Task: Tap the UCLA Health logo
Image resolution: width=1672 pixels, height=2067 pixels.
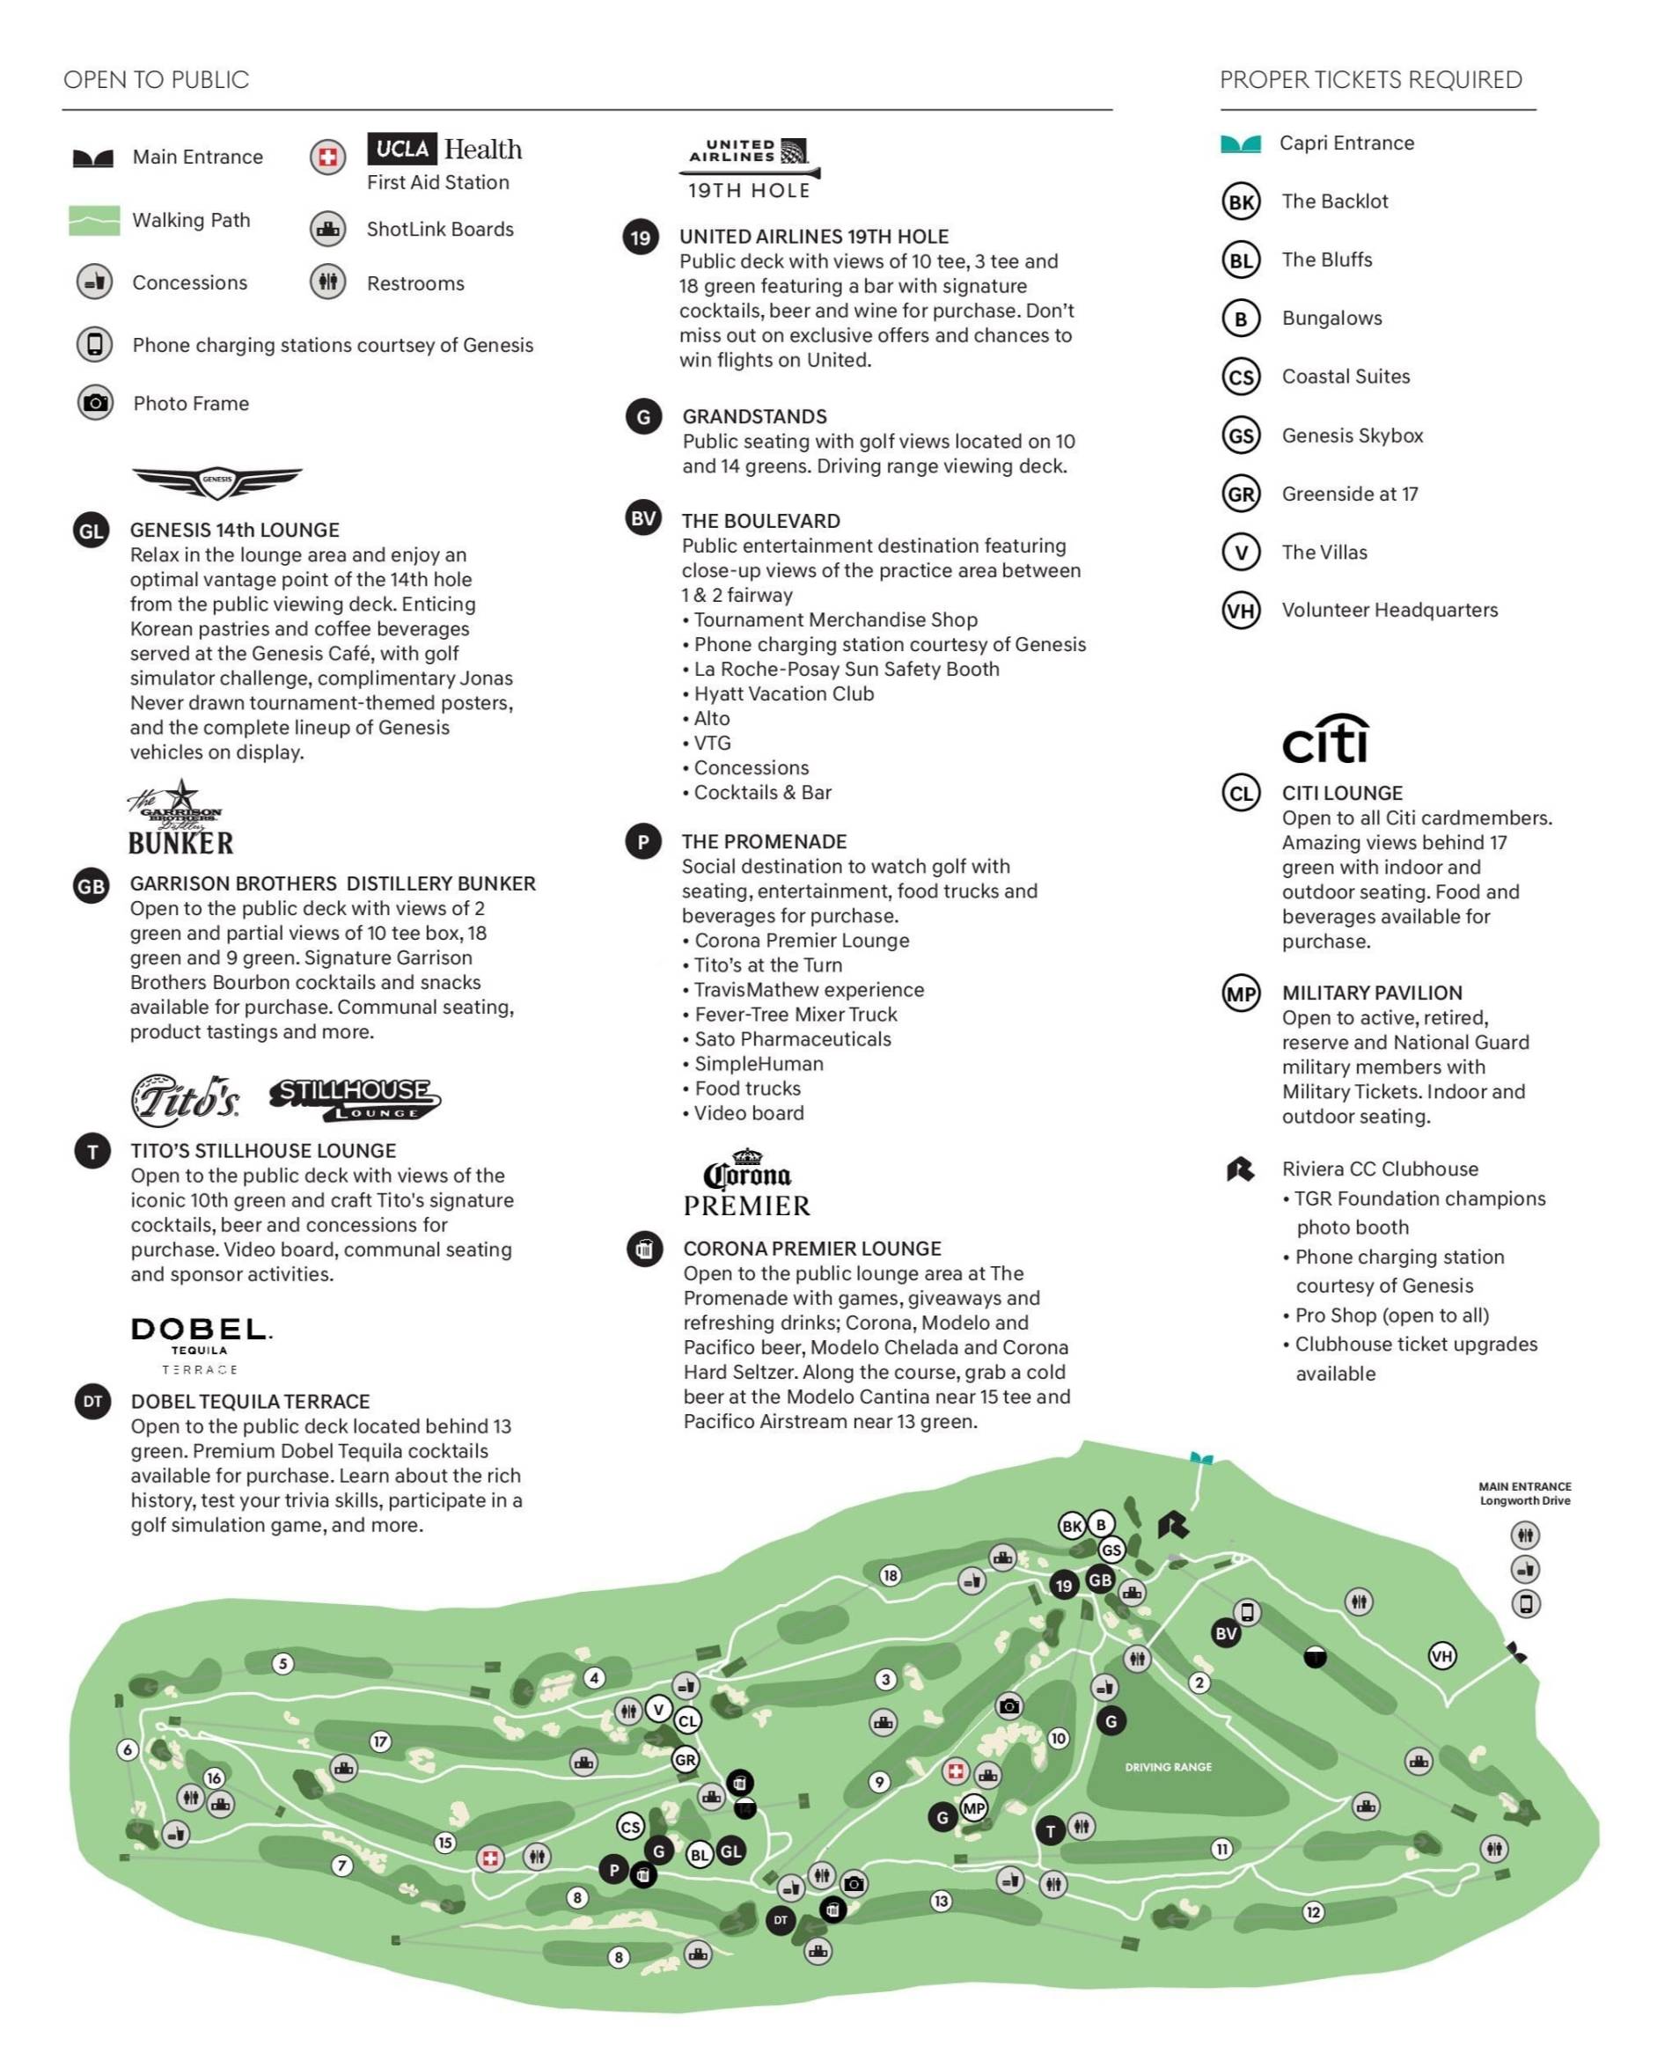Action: click(x=444, y=150)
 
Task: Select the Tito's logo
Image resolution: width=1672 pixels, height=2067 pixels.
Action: click(x=184, y=1099)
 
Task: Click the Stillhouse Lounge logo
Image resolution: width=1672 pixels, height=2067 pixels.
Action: click(x=355, y=1098)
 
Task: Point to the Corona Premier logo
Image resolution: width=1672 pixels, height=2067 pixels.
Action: click(x=746, y=1184)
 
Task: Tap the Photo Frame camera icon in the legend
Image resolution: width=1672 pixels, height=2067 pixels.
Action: click(x=95, y=403)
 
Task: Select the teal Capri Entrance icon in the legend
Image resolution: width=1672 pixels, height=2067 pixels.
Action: click(x=1241, y=143)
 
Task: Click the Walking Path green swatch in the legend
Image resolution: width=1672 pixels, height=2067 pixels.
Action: click(x=94, y=221)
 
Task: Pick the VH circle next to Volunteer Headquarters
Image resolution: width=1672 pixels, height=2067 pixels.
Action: click(x=1241, y=611)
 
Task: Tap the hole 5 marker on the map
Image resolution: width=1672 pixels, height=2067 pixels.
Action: click(x=282, y=1663)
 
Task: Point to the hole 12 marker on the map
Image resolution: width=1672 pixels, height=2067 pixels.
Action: click(x=1313, y=1912)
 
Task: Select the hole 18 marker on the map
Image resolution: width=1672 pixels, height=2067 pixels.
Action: click(x=890, y=1575)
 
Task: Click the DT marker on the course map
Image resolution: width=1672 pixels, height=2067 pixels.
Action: click(x=781, y=1920)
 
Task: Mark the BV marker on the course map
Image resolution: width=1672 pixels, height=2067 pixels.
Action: click(x=1225, y=1632)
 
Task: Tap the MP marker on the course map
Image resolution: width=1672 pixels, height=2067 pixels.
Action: click(x=974, y=1808)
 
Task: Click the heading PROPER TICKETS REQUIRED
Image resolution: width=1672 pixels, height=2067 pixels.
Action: click(x=1370, y=80)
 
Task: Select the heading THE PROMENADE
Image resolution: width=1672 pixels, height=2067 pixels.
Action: click(x=764, y=842)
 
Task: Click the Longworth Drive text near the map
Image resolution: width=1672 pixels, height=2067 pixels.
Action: click(x=1525, y=1500)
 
